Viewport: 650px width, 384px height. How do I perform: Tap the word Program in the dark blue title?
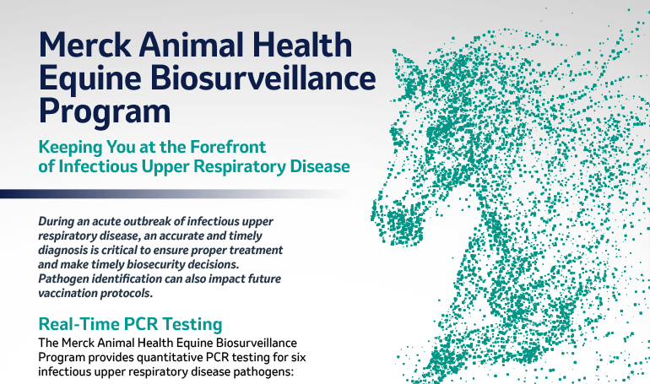(x=105, y=112)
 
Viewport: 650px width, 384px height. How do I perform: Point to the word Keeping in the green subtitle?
(x=70, y=148)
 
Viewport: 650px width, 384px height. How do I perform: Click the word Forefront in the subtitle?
(x=228, y=147)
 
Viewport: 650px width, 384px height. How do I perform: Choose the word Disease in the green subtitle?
(x=320, y=166)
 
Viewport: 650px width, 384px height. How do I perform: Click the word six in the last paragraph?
(x=299, y=357)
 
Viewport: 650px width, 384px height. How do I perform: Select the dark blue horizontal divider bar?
(x=174, y=194)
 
